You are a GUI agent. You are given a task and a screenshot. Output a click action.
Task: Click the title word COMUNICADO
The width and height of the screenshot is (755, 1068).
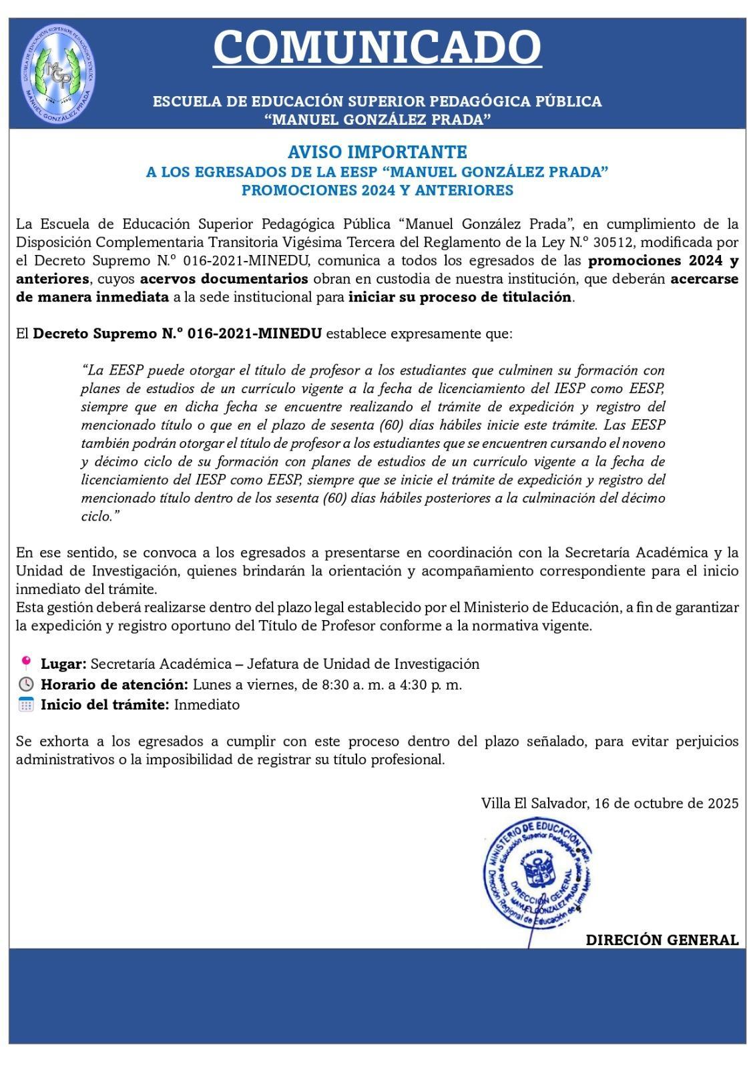pos(377,46)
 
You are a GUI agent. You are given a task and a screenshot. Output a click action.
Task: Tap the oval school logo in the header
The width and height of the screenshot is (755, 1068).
pos(57,73)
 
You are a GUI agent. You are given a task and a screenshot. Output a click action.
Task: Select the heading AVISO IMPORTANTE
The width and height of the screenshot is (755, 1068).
pos(377,152)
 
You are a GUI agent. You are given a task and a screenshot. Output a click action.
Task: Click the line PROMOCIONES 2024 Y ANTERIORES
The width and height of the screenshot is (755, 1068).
pos(377,190)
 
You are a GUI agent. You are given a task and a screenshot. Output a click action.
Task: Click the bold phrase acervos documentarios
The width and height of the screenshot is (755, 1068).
pos(224,278)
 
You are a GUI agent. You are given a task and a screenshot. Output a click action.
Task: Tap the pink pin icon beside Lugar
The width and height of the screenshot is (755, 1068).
pos(26,663)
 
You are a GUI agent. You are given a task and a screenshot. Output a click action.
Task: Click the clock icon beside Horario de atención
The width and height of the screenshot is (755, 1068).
pos(26,684)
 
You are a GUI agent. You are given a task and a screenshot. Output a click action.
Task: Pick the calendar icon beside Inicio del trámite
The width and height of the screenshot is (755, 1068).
pos(26,704)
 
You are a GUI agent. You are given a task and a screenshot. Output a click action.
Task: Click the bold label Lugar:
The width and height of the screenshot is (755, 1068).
pos(63,663)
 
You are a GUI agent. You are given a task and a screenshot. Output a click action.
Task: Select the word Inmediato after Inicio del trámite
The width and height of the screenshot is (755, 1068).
pos(207,704)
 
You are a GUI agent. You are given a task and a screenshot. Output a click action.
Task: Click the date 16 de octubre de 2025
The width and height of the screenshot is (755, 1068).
pos(668,803)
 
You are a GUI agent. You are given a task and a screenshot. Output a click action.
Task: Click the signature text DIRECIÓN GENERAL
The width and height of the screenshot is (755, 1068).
pos(662,940)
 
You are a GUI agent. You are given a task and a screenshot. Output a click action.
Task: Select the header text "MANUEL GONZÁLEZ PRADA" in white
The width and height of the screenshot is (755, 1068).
pos(377,119)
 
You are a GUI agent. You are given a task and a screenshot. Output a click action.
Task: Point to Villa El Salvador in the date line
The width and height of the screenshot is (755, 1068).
pos(533,803)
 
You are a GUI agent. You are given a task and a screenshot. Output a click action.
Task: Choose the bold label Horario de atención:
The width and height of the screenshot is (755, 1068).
pos(115,684)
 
